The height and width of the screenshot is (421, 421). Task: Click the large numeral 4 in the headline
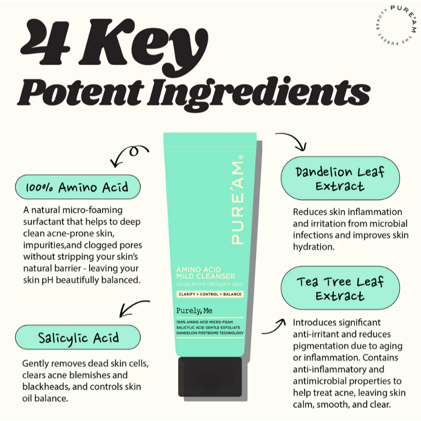(46, 43)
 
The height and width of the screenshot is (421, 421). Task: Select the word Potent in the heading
(81, 92)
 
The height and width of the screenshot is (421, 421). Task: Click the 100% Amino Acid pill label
(78, 187)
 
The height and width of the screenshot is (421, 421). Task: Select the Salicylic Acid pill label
(78, 337)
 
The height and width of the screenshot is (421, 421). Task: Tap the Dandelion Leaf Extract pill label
(340, 178)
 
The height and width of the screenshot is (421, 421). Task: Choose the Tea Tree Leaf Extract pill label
(340, 288)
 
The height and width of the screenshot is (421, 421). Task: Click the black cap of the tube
(210, 376)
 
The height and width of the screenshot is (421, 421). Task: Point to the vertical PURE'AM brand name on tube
(237, 200)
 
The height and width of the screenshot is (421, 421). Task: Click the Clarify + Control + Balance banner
(210, 294)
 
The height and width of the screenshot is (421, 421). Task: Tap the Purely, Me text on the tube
(194, 311)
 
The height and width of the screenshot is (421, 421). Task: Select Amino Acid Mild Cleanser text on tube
(206, 273)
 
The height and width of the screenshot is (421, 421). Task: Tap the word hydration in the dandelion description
(314, 247)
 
